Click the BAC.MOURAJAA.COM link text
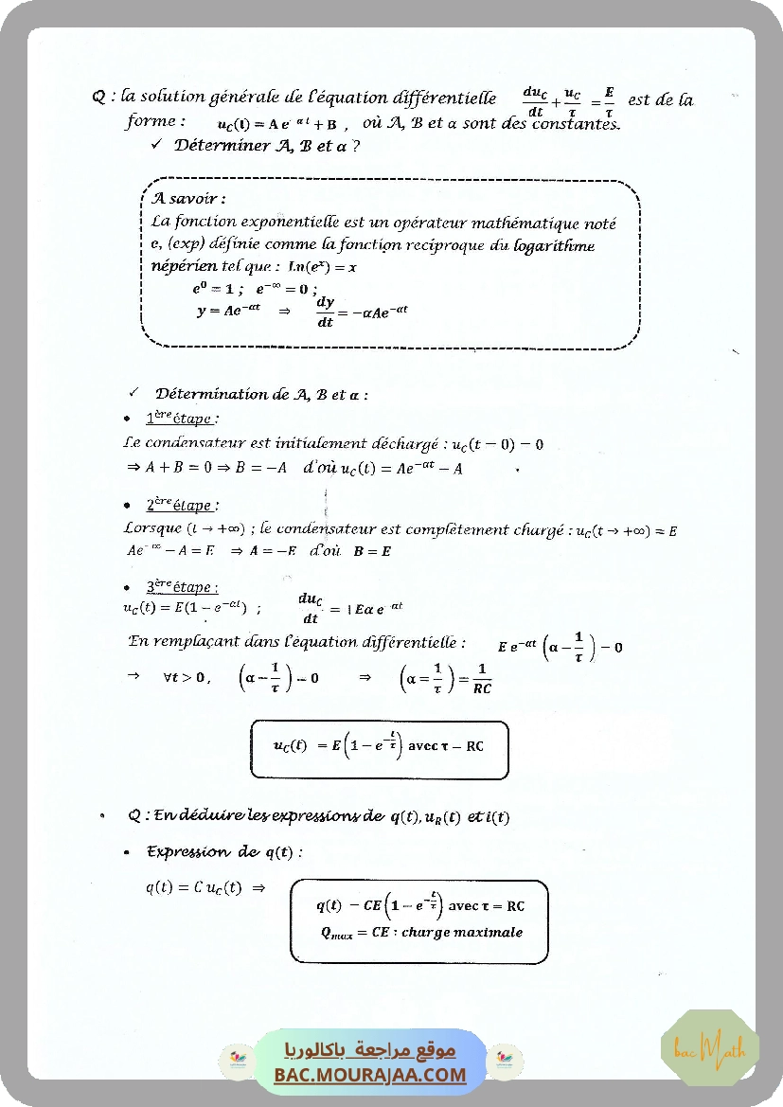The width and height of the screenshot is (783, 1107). point(370,1075)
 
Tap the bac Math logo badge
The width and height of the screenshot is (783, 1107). point(710,1048)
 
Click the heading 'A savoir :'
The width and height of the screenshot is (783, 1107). point(188,199)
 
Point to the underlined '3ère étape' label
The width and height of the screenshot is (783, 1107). point(182,587)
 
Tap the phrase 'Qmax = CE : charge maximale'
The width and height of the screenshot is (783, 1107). point(421,932)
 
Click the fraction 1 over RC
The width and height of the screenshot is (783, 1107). point(482,679)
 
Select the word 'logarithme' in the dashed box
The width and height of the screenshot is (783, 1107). point(554,245)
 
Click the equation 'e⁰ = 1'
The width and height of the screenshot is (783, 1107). point(212,290)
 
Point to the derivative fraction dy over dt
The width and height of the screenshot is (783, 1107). point(326,312)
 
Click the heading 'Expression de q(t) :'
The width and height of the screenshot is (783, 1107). point(224,852)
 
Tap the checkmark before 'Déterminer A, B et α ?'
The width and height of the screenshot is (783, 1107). point(156,145)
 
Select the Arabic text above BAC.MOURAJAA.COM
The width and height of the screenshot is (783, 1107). point(370,1050)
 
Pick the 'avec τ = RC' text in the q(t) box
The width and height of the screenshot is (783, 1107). point(486,906)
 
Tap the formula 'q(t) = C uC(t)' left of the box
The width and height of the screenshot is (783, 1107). point(193,887)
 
